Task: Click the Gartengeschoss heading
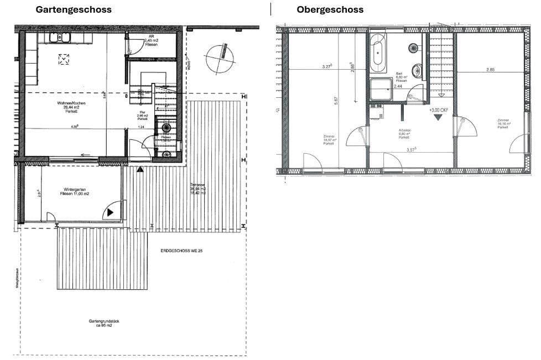tap(74, 9)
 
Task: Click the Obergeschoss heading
tap(330, 9)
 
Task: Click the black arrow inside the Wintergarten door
tap(111, 211)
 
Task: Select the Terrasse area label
tap(198, 189)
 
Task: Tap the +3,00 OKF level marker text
tap(438, 109)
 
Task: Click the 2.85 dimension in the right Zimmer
tap(491, 70)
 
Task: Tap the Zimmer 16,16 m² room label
tap(503, 124)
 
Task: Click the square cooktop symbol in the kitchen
tap(64, 59)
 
